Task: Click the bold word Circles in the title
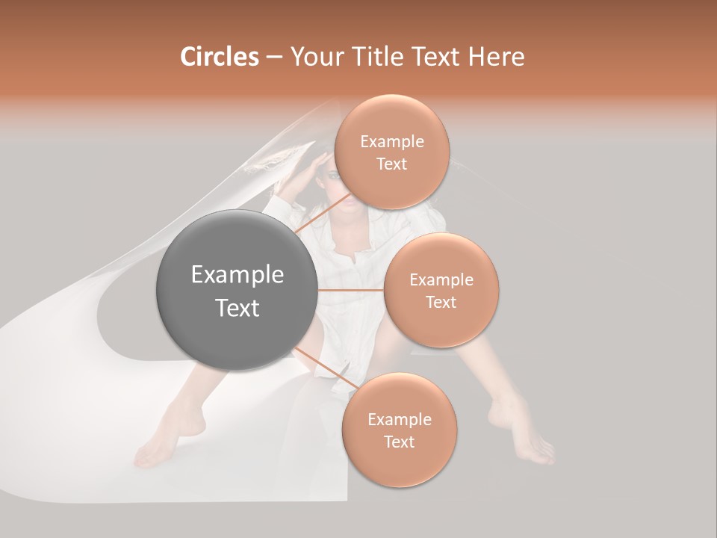click(220, 57)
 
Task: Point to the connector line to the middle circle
click(351, 290)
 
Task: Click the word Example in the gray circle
click(238, 275)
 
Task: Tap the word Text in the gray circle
click(238, 308)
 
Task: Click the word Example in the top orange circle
click(392, 142)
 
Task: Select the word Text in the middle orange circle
click(441, 303)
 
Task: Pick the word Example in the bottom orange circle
click(399, 420)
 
